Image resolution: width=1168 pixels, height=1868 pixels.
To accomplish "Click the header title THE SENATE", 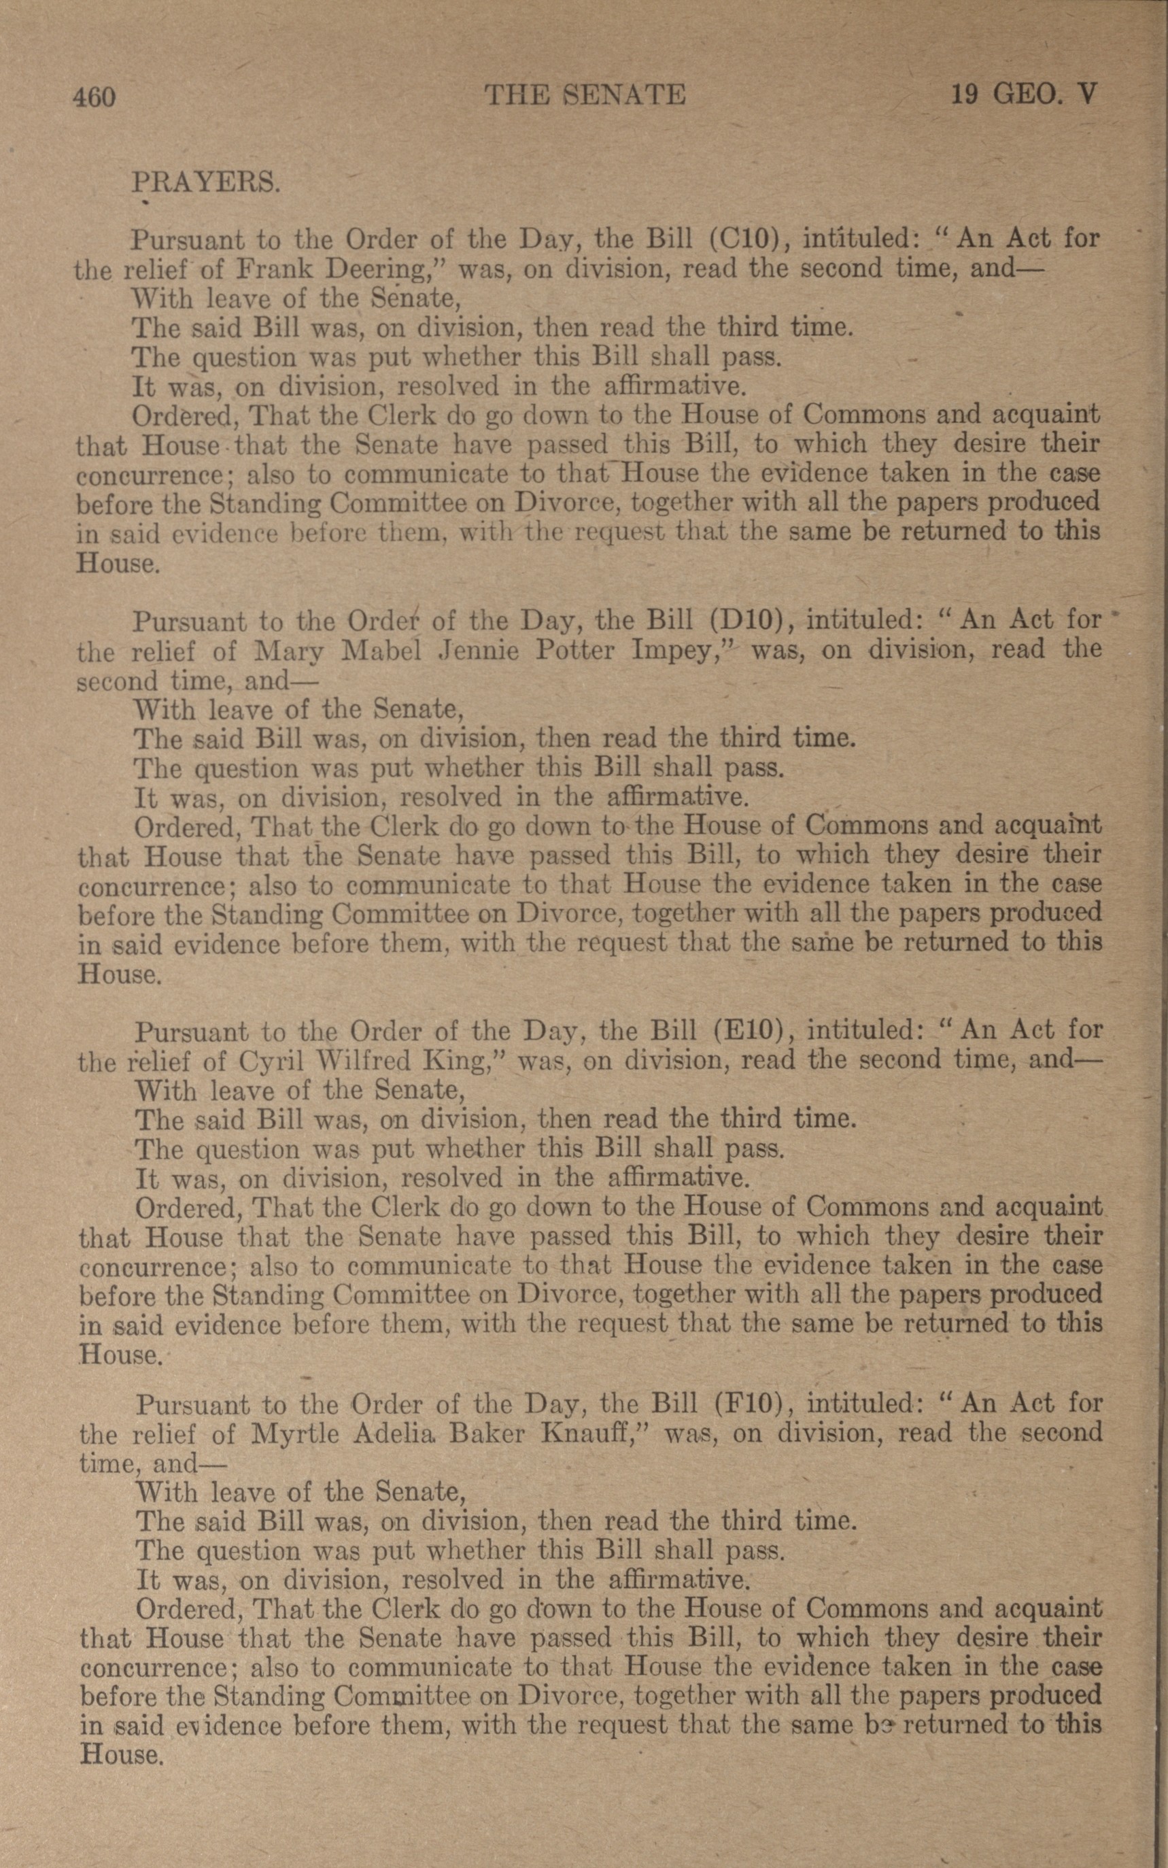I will pos(585,95).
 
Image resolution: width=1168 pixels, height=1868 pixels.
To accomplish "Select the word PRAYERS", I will pos(205,182).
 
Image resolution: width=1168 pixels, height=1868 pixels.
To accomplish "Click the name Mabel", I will pos(381,649).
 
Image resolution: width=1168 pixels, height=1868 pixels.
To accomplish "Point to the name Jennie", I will pos(477,649).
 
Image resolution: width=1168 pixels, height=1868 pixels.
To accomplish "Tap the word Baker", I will pos(489,1434).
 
